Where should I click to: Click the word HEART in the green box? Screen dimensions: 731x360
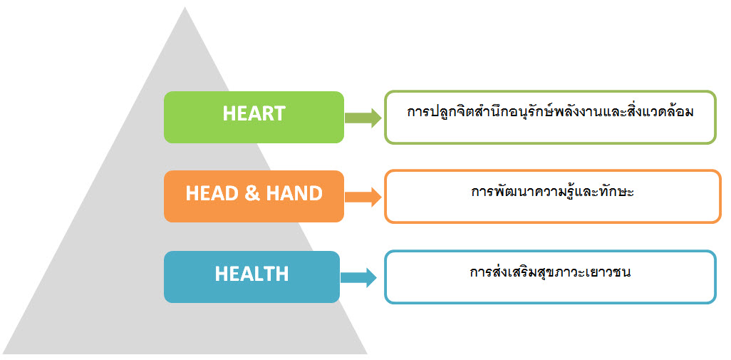tap(254, 113)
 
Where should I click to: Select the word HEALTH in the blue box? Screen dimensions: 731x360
tap(252, 274)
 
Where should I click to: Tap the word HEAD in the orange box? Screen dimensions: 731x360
tap(212, 193)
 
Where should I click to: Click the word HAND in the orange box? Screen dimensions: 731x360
tap(294, 193)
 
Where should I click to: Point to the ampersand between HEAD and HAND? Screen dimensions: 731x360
tap(252, 193)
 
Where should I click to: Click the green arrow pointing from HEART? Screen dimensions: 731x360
tap(363, 118)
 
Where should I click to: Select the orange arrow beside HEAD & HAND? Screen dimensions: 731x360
tap(363, 197)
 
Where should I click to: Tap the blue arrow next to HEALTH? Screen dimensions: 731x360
tap(358, 277)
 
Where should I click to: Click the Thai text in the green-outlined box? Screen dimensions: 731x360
tap(550, 113)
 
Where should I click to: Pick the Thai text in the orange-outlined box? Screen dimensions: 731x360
tap(552, 192)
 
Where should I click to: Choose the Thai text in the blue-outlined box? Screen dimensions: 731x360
tap(551, 272)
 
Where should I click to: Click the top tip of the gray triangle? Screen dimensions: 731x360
tap(185, 7)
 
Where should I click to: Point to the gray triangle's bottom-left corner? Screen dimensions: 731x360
tap(4, 353)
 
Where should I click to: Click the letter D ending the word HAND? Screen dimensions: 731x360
tap(316, 193)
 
